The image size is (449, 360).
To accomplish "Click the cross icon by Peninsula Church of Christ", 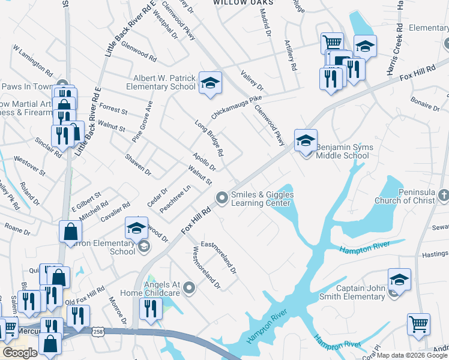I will click(443, 195).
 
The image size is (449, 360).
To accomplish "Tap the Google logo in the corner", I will click(20, 353).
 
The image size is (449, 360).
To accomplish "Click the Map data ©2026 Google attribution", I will click(412, 355).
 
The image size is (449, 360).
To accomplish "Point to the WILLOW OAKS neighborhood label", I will click(244, 2).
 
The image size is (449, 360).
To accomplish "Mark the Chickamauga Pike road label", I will click(237, 106).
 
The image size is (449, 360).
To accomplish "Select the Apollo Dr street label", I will click(203, 161).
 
